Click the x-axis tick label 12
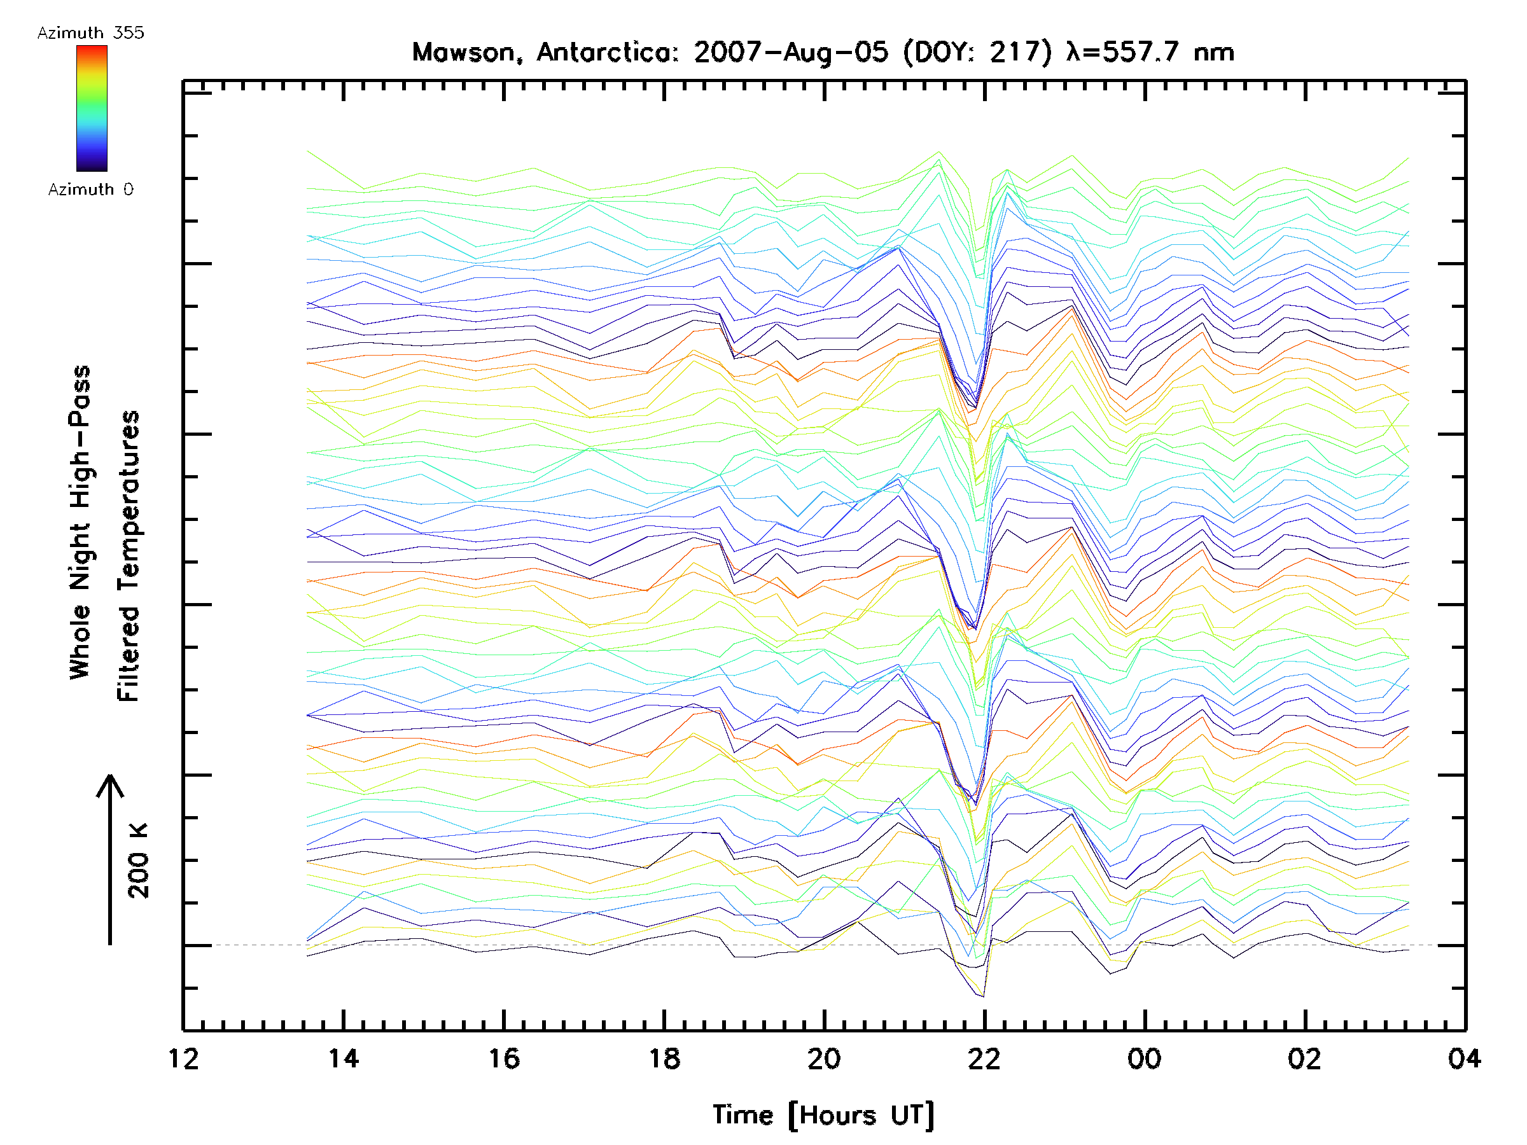[184, 1058]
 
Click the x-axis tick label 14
[344, 1058]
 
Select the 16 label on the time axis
[504, 1058]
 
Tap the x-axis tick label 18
[664, 1058]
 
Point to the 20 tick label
[824, 1058]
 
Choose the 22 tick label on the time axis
[984, 1058]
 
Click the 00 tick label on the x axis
[1145, 1058]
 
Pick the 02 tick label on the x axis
[1305, 1058]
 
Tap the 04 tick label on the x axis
[1464, 1058]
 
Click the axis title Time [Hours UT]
[823, 1114]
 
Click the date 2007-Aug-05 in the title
[791, 52]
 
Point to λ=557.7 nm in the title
[1150, 52]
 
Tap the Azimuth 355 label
[90, 32]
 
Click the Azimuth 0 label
[90, 189]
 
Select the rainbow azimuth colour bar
[92, 108]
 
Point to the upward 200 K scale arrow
[110, 859]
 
